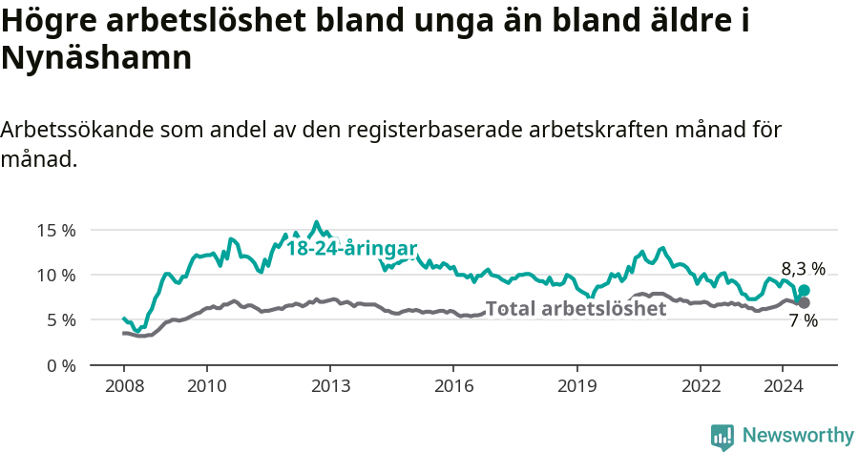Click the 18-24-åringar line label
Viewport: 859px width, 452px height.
351,249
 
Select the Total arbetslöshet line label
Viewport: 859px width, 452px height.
576,308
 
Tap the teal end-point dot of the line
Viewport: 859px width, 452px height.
805,290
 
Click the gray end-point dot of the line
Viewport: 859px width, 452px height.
805,302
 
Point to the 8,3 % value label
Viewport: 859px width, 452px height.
803,269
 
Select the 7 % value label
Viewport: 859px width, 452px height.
804,321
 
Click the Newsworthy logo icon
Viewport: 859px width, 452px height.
723,437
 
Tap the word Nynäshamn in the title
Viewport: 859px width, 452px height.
97,59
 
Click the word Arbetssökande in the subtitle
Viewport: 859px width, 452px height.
77,131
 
